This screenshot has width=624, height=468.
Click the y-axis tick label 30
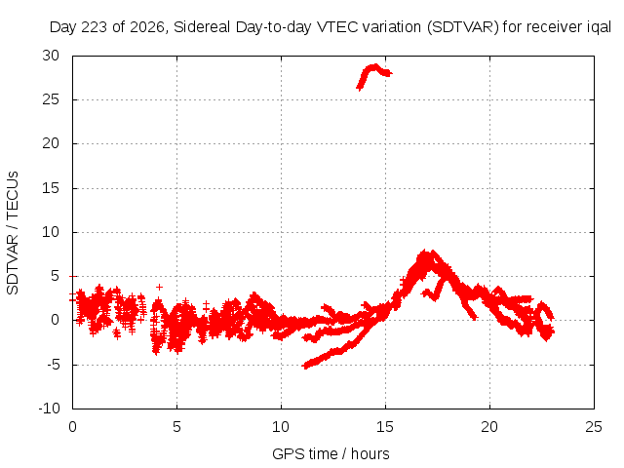(x=51, y=56)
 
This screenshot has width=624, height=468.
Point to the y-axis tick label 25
(x=51, y=99)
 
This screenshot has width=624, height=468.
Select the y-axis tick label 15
(x=51, y=188)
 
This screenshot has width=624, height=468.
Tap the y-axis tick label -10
(x=49, y=409)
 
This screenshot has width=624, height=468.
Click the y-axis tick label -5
(x=52, y=364)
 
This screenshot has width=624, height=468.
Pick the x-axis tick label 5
(x=176, y=427)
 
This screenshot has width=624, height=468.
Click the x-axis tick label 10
(x=281, y=427)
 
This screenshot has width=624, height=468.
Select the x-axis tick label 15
(x=385, y=427)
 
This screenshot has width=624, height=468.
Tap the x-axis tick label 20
(x=489, y=427)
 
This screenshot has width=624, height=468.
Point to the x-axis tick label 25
(x=594, y=427)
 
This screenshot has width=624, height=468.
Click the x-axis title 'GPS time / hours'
(x=331, y=454)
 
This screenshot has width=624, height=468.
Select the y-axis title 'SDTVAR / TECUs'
(x=13, y=233)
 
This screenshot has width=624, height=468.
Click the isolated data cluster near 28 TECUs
(x=374, y=76)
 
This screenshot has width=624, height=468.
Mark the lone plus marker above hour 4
(x=159, y=287)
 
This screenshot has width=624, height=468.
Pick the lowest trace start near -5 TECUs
(x=305, y=366)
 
